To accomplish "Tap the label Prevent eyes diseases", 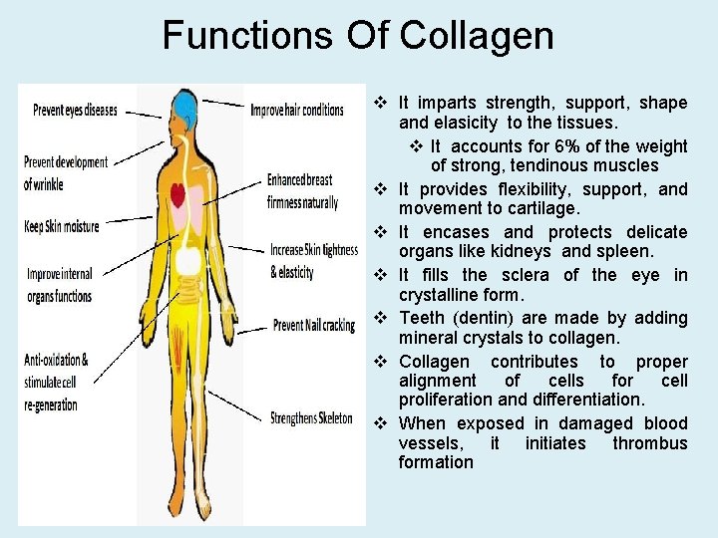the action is pyautogui.click(x=75, y=111).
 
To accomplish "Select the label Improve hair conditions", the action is pyautogui.click(x=297, y=110).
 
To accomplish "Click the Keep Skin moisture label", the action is pyautogui.click(x=62, y=227).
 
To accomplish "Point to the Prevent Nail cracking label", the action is pyautogui.click(x=313, y=326).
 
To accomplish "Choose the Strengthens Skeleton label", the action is pyautogui.click(x=311, y=418).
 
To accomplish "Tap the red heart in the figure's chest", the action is pyautogui.click(x=179, y=193).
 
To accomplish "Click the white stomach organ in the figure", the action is pyautogui.click(x=186, y=261).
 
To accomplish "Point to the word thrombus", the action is pyautogui.click(x=650, y=443).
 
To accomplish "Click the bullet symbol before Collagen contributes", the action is pyautogui.click(x=380, y=362).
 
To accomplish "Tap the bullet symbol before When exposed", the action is pyautogui.click(x=380, y=423).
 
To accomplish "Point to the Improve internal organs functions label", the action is pyautogui.click(x=60, y=285).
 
